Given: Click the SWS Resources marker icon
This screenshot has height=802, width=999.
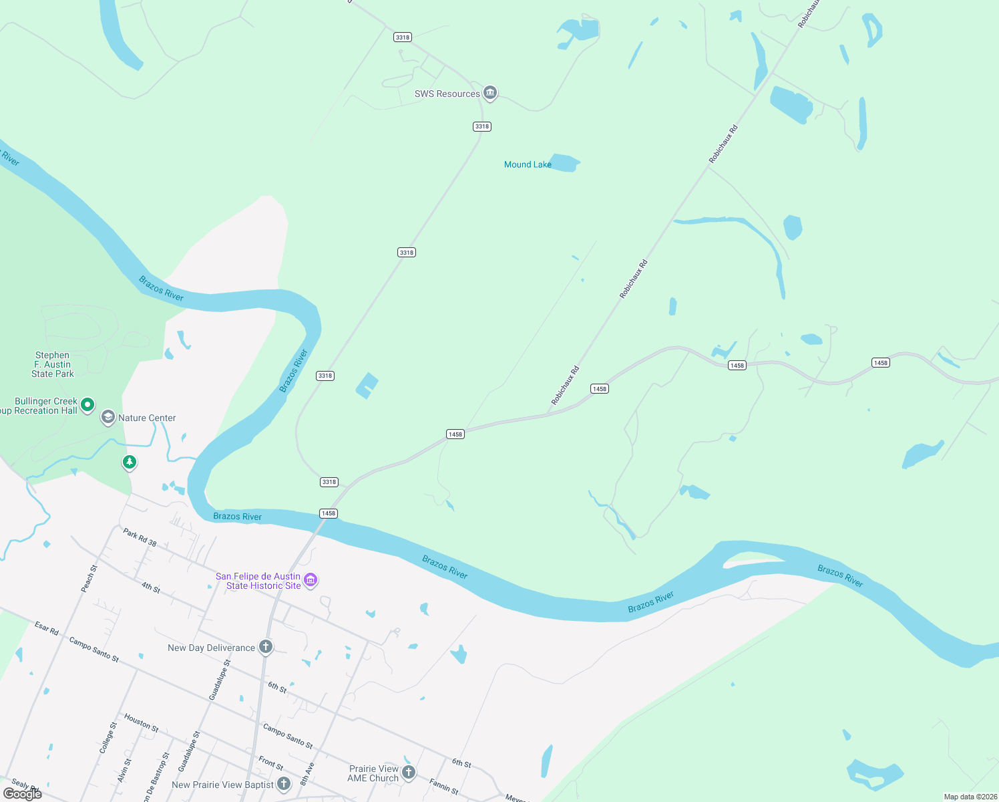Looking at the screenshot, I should [x=490, y=93].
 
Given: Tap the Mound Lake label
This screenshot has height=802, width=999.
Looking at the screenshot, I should [x=528, y=164].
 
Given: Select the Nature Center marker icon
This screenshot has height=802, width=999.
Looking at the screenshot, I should [x=108, y=418].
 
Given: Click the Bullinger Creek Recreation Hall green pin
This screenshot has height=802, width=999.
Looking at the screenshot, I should [x=87, y=405].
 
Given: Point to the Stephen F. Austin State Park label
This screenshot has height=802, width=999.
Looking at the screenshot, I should [x=53, y=364].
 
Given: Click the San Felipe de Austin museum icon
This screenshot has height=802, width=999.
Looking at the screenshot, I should [x=311, y=580].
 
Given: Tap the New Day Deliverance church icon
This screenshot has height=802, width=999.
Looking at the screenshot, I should [x=266, y=647].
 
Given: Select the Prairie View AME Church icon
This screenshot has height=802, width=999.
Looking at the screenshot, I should [x=409, y=773].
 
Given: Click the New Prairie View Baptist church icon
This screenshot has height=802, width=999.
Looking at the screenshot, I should [x=284, y=784].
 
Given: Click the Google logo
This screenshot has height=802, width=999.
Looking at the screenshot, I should [x=23, y=794].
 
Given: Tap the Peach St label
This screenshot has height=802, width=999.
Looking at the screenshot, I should [x=89, y=578].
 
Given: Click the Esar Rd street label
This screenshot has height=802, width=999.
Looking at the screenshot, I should [x=47, y=628].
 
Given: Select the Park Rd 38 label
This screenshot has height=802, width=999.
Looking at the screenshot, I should [x=140, y=537].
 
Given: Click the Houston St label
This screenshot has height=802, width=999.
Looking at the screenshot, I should [x=141, y=722].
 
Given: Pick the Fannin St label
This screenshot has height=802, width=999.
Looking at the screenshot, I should [x=443, y=786].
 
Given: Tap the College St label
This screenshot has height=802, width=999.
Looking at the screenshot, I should [x=108, y=738].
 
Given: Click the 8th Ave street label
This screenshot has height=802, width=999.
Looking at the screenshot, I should [x=307, y=773].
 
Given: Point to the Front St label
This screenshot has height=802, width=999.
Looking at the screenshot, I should [x=270, y=763].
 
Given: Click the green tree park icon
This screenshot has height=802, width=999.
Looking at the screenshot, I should [x=130, y=462].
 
